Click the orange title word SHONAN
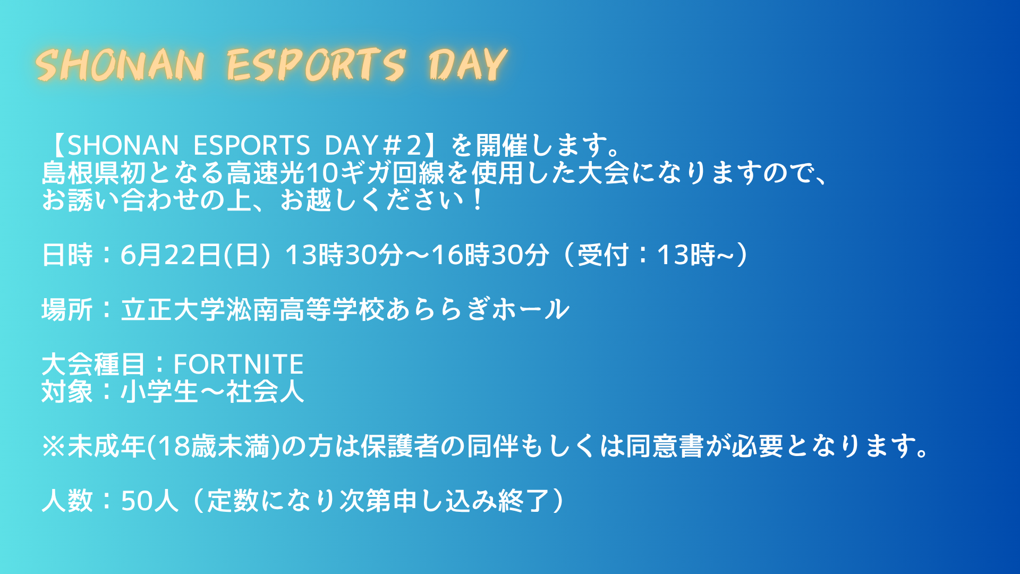121,65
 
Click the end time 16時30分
490,255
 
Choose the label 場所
67,309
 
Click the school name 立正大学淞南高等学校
253,309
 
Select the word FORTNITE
239,365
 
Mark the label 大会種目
93,365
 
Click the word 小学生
160,392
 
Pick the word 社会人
265,392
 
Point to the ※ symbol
54,446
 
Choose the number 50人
150,501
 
